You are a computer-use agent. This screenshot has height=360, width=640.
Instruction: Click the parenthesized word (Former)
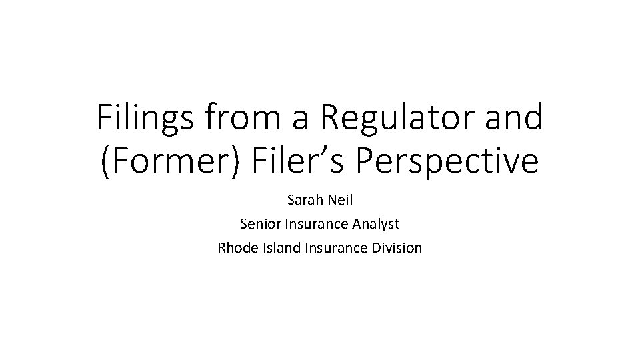175,163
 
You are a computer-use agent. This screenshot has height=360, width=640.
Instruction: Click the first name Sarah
303,199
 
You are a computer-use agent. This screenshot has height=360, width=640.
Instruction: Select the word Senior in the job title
259,223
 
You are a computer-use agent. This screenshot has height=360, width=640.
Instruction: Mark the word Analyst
377,223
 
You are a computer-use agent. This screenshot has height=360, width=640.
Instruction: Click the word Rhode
235,248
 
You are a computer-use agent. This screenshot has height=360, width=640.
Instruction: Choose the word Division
396,248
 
